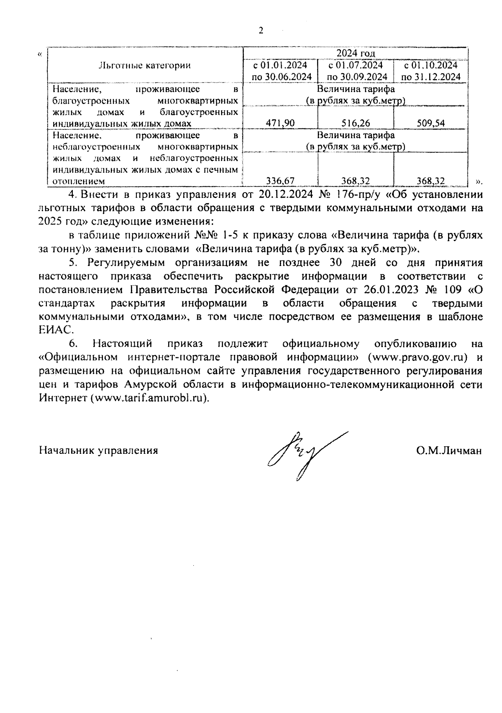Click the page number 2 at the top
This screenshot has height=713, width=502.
coord(261,31)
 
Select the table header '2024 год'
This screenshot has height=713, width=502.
coord(356,54)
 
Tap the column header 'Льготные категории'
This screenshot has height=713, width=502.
coord(144,65)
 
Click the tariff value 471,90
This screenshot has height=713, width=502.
coord(280,123)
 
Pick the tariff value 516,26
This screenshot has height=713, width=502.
coord(356,123)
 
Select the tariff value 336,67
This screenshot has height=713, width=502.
coord(280,180)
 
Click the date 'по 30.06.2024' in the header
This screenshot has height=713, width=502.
coord(282,77)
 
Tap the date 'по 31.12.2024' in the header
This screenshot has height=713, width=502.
coord(431,77)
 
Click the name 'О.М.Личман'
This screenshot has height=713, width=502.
coord(449,450)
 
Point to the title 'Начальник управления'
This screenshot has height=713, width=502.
coord(98,450)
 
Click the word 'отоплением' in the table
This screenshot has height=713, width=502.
coord(78,181)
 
